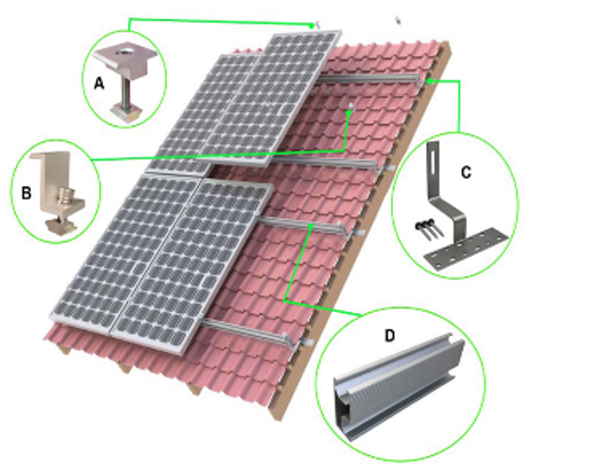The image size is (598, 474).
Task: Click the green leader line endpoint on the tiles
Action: [349, 110]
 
